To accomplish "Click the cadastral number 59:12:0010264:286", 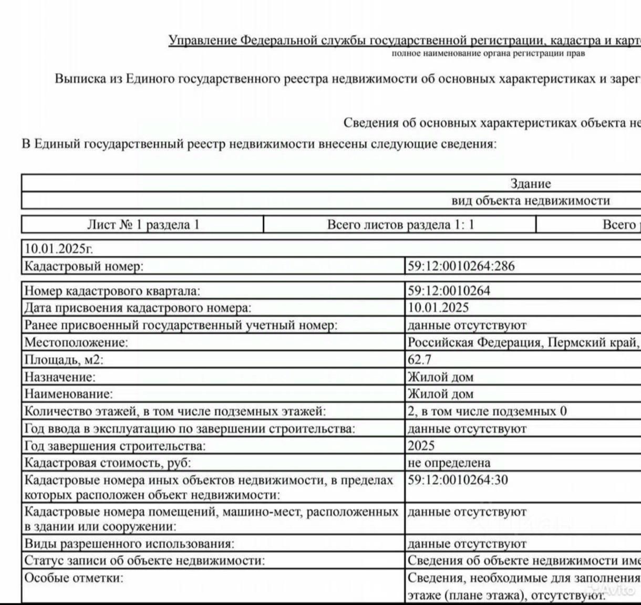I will [461, 266].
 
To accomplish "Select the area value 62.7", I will [420, 360].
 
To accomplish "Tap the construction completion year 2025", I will [421, 446].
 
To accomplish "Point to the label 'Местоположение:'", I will [76, 342].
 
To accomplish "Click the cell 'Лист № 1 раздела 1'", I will [143, 225].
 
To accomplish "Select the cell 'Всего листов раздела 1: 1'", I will [400, 225].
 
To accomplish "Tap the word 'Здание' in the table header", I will [531, 184].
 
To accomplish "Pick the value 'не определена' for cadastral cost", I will [449, 463].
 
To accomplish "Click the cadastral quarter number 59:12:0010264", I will [449, 291].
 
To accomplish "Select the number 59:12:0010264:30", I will [458, 479].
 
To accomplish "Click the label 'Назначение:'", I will [60, 377].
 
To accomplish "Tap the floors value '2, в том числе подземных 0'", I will [487, 411].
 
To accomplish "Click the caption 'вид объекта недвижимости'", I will [531, 200].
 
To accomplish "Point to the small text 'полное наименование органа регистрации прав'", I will [488, 54].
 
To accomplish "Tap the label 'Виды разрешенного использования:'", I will [129, 544].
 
